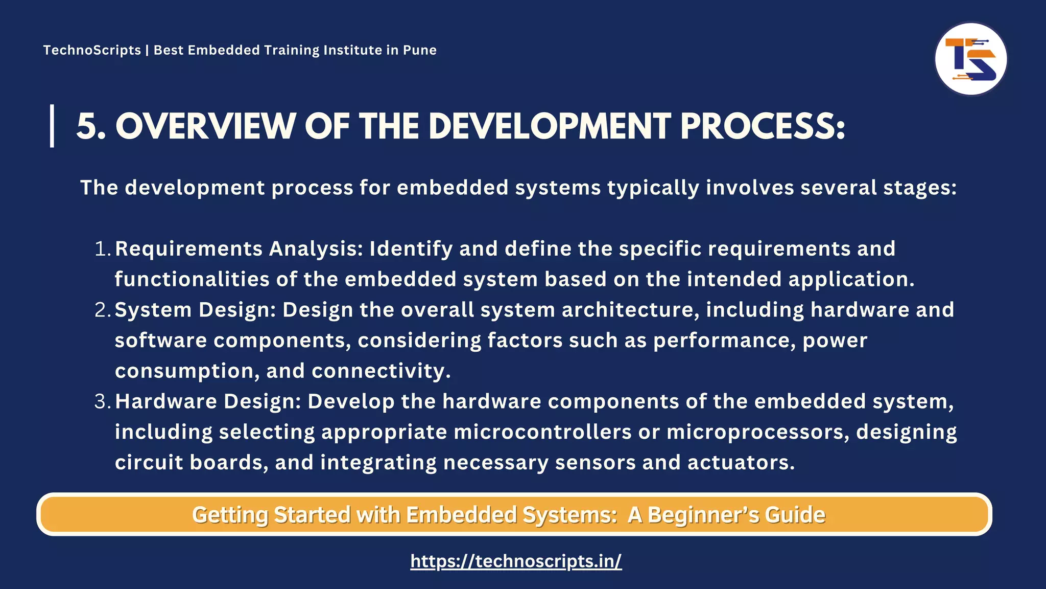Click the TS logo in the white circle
[970, 59]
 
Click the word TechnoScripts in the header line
[92, 50]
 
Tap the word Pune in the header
[420, 50]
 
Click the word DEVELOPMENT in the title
[550, 126]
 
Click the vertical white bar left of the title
[52, 126]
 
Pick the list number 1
[101, 249]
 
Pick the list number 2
[101, 310]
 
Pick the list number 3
[101, 401]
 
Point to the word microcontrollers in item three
[542, 432]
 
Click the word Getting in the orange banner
[230, 514]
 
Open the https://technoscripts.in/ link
[516, 561]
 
